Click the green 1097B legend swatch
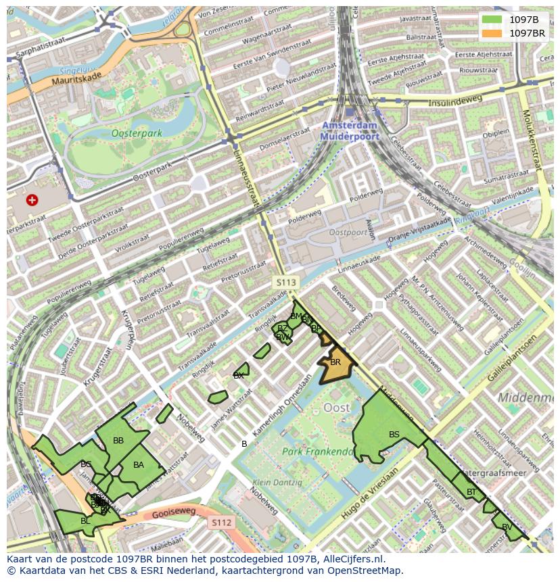492,20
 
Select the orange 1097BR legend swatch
492,32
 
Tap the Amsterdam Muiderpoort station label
350,131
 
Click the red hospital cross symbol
32,200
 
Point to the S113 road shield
285,281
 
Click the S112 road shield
221,523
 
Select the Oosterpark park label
137,133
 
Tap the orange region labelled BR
335,363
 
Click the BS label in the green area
394,435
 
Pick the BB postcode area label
118,441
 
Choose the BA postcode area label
139,465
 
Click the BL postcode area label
85,521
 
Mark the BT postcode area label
471,492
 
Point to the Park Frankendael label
318,452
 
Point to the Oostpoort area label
348,233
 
